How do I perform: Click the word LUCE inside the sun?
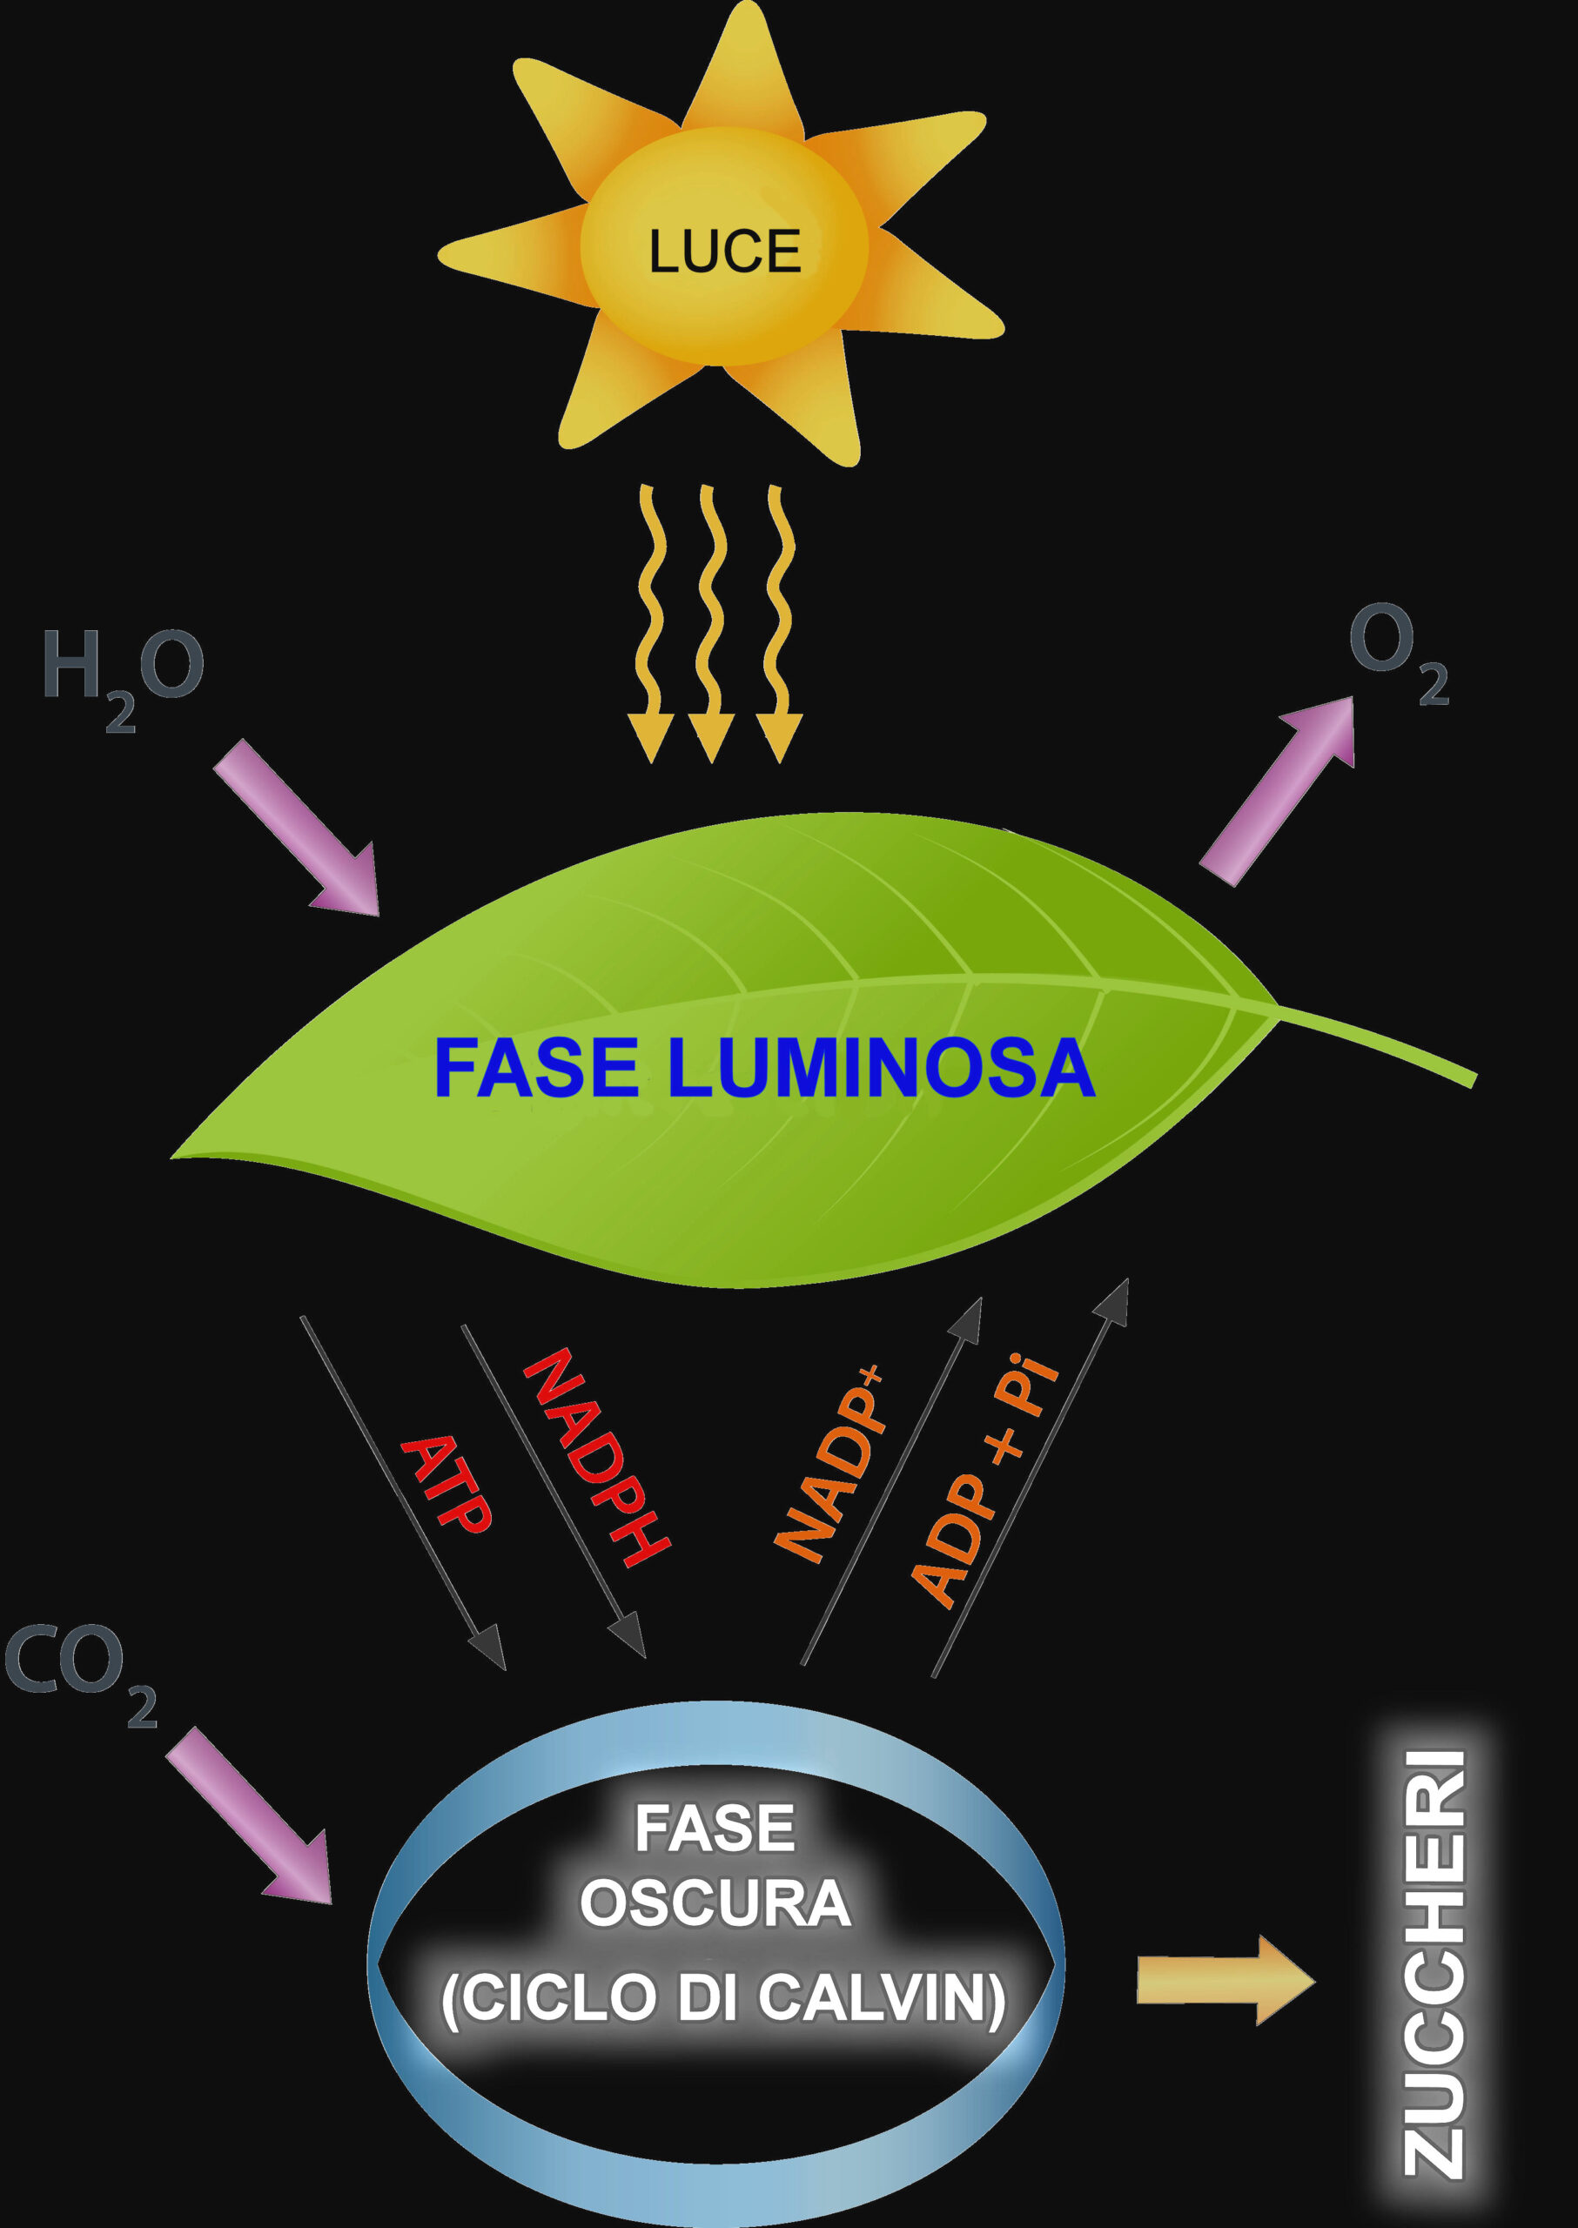[724, 252]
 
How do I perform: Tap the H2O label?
[122, 670]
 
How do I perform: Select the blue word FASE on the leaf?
[535, 1068]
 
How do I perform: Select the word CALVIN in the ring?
[879, 1997]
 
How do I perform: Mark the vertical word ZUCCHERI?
[1434, 1963]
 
